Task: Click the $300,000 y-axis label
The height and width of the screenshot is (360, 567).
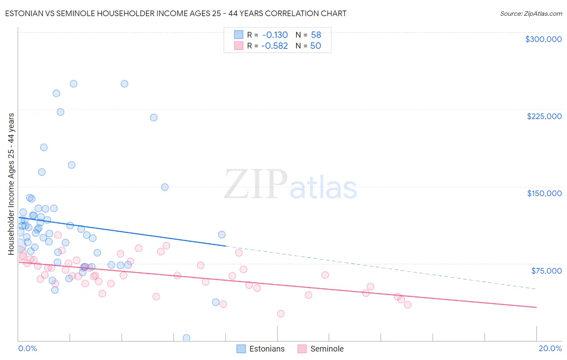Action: [x=543, y=39]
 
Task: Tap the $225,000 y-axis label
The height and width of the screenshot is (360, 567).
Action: [x=544, y=116]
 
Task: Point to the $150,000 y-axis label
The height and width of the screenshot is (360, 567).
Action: [x=544, y=193]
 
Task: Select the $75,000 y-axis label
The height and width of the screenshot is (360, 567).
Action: [x=546, y=271]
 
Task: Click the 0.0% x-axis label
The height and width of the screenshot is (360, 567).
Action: [x=27, y=348]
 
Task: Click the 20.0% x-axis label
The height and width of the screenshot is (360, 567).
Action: [x=550, y=348]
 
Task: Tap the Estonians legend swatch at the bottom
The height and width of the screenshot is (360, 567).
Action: [x=241, y=349]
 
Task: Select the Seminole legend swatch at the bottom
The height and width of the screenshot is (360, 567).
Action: [x=302, y=349]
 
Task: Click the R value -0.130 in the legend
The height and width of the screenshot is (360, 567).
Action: [x=275, y=35]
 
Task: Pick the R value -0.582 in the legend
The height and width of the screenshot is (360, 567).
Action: [x=275, y=46]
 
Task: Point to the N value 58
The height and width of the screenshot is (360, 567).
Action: [x=316, y=35]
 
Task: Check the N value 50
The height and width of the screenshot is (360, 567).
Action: [x=315, y=46]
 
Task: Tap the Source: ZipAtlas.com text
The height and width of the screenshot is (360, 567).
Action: [x=531, y=14]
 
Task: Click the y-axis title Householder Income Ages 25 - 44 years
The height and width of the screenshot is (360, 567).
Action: [x=11, y=184]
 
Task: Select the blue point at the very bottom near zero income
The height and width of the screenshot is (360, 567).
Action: [x=186, y=338]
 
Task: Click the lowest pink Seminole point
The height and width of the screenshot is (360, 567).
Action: [x=281, y=314]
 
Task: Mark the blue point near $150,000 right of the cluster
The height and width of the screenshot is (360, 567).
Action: [x=165, y=187]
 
